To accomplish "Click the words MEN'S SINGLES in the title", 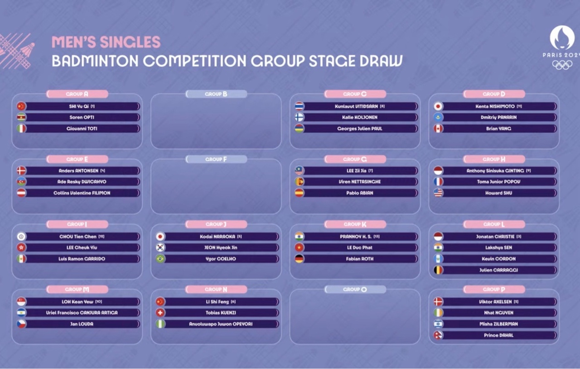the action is (x=106, y=42).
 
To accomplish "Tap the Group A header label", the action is (x=77, y=94).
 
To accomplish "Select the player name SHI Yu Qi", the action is (x=79, y=106).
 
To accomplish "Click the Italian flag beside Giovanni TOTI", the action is (x=21, y=129).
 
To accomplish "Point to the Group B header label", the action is (x=216, y=94).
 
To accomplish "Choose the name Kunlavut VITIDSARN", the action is (x=356, y=106).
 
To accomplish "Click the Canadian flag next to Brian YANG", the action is (x=438, y=129).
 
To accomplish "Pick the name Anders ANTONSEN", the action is (x=78, y=171).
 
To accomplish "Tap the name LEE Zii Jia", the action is (x=357, y=171).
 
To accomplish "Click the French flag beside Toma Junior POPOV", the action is (x=438, y=182).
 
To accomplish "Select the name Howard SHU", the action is (x=499, y=193).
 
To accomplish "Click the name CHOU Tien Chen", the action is (x=78, y=237).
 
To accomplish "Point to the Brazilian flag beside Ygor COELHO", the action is (x=160, y=259).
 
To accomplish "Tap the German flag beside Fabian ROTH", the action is (x=299, y=259).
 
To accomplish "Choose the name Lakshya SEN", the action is (x=499, y=248).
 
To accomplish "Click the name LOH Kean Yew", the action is (x=77, y=301).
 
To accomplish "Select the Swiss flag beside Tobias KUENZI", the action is (x=160, y=313).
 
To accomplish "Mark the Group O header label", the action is (x=355, y=290).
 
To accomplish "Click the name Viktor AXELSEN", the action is (x=495, y=301).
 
